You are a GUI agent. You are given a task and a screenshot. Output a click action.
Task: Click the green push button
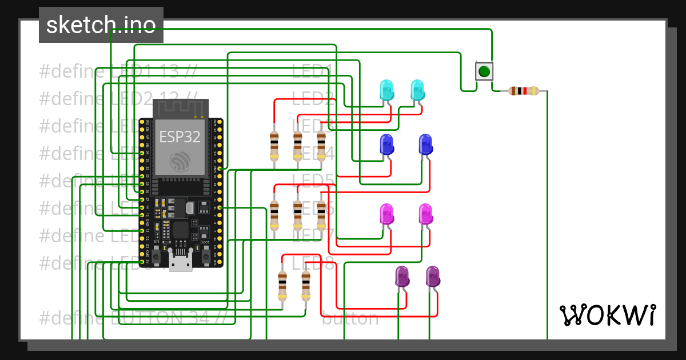[x=484, y=71]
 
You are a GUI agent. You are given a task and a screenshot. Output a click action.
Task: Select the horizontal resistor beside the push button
[x=524, y=90]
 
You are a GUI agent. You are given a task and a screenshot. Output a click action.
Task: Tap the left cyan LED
[x=387, y=90]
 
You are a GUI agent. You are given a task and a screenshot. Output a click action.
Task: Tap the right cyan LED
[x=418, y=90]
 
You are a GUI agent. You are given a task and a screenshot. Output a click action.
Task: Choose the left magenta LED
[x=387, y=214]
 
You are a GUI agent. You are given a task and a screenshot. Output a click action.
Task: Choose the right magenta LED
[x=425, y=214]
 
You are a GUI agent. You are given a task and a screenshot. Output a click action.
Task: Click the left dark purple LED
[x=402, y=277]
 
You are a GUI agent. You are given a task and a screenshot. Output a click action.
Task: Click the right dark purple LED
[x=433, y=277]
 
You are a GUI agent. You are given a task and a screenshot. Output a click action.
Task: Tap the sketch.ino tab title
[x=101, y=25]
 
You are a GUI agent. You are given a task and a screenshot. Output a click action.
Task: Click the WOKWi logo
[x=607, y=315]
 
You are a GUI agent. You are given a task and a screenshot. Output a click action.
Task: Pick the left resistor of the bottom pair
[x=282, y=286]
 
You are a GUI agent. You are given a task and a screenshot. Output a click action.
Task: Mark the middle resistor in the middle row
[x=297, y=214]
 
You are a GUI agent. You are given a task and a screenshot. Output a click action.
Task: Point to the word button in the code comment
[x=350, y=318]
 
